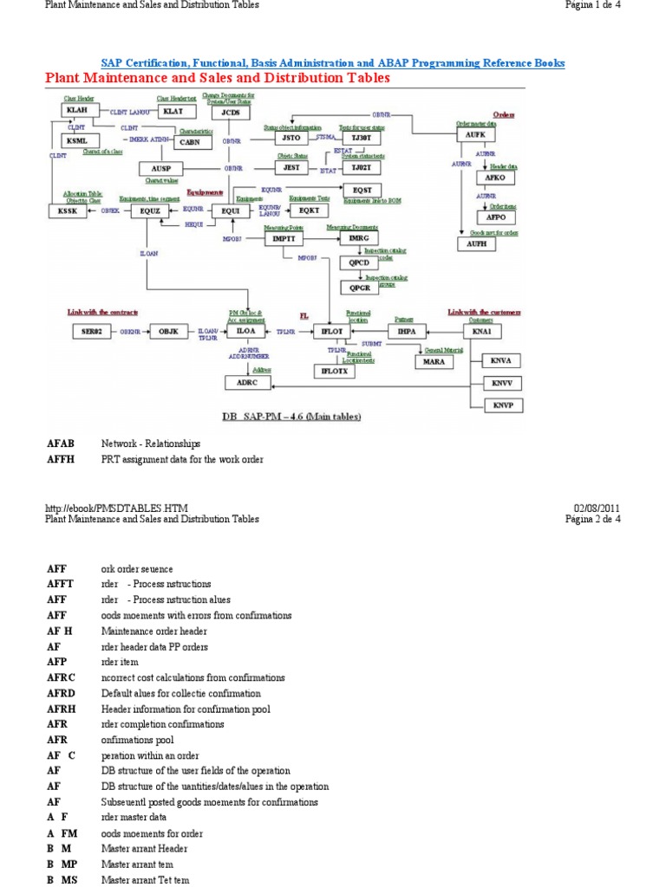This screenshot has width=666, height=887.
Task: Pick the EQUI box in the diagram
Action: pos(230,210)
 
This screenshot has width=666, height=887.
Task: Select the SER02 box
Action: pos(92,331)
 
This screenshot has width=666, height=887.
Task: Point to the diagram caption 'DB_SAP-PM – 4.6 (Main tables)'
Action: pos(291,417)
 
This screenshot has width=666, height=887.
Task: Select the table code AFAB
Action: pos(61,443)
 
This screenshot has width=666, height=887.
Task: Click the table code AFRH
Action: pos(62,709)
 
